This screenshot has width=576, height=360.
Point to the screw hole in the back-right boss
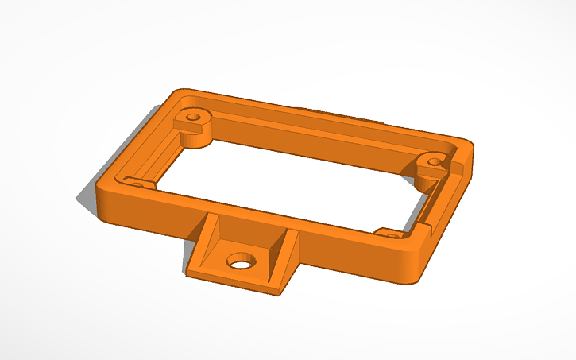434,162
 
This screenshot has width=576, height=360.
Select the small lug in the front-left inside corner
137,184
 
